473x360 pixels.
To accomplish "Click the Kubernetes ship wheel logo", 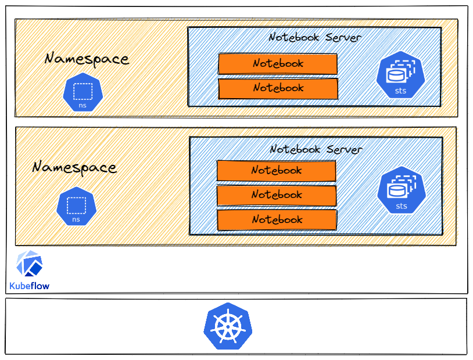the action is click(228, 326).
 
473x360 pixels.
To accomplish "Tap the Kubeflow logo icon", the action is click(29, 263).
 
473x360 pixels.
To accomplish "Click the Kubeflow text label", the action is click(29, 286).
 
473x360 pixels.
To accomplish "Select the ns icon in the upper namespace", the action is click(83, 92).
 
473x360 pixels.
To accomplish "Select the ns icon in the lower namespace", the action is click(76, 206).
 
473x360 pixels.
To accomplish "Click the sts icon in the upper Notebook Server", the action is click(400, 74).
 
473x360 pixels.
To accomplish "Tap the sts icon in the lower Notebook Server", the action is click(402, 190).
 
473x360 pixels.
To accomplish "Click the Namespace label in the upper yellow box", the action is click(87, 59).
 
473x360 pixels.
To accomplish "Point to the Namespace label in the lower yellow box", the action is click(74, 167).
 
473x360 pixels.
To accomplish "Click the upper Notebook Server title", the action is click(315, 37).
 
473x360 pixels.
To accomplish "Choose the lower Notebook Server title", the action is click(316, 149).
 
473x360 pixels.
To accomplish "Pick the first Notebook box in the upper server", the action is click(278, 64).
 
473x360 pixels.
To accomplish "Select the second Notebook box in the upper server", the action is click(278, 88).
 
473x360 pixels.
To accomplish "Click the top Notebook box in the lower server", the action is click(277, 171).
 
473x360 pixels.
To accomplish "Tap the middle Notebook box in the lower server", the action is click(277, 195).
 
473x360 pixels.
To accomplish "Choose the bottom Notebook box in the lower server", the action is click(277, 220).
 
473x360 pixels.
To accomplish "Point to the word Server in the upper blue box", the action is click(343, 37).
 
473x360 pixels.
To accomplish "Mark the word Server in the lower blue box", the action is click(345, 149).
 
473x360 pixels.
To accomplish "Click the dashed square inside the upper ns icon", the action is click(83, 91).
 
